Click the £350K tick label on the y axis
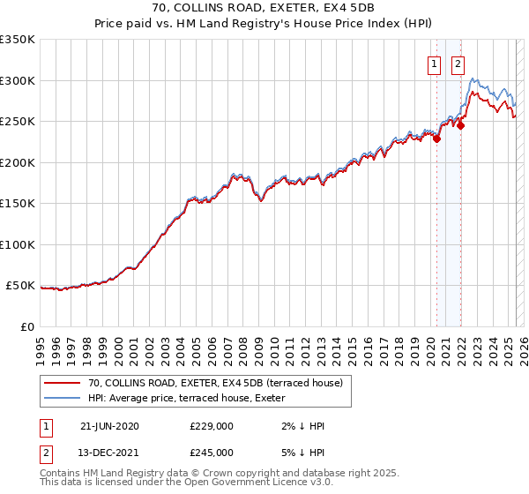(x=18, y=40)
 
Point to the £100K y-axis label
(x=18, y=245)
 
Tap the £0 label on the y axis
(x=28, y=327)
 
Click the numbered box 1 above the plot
(x=436, y=64)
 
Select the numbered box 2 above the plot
(x=458, y=64)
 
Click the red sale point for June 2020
(x=436, y=138)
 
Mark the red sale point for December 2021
(x=460, y=125)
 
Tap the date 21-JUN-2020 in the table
(x=109, y=426)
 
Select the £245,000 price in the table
(x=212, y=452)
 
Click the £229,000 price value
(x=212, y=426)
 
